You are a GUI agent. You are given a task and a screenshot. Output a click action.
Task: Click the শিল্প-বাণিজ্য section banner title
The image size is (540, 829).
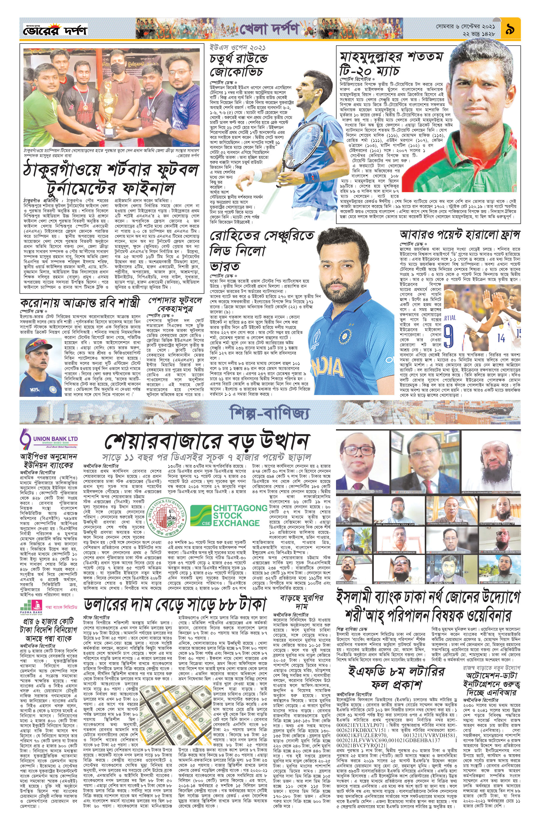[269, 413]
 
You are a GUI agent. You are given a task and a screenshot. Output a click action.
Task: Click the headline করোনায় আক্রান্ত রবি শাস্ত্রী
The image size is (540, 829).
[80, 302]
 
